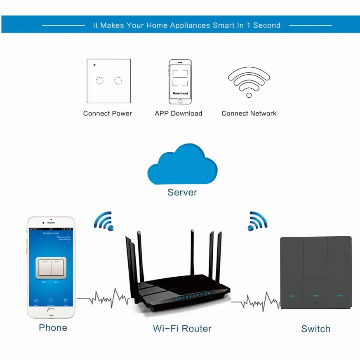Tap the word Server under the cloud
[182, 192]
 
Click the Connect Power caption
[108, 113]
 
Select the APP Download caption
[179, 113]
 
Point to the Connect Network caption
[249, 113]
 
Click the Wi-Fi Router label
[182, 329]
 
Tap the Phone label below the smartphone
[53, 328]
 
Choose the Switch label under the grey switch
[316, 329]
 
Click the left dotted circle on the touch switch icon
[99, 80]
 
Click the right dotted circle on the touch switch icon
[118, 80]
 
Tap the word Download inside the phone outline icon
[180, 93]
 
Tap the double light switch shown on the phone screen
[51, 267]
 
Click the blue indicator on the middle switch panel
[316, 296]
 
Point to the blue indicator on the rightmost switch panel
[340, 296]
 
